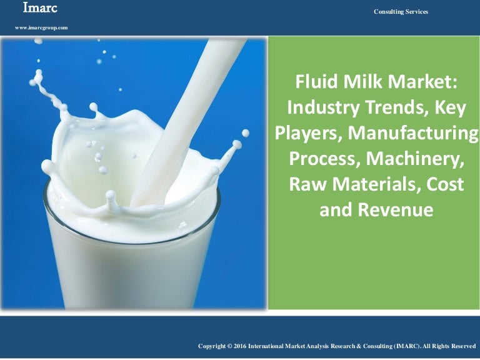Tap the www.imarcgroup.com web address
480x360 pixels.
(x=41, y=28)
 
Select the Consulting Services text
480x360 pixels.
(x=401, y=12)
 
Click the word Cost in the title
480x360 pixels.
(x=444, y=184)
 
